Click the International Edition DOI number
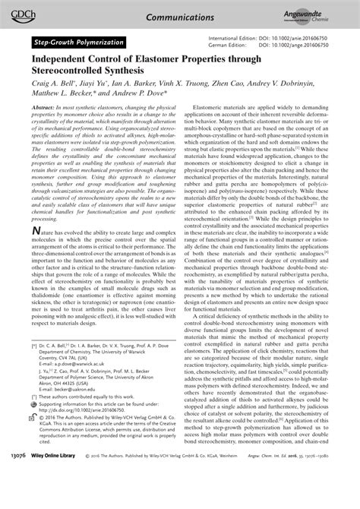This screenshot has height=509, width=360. click(x=308, y=37)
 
